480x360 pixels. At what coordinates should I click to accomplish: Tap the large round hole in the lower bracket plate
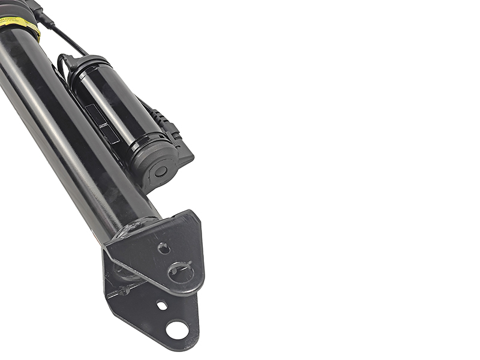[177, 328]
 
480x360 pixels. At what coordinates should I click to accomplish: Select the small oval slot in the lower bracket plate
[162, 305]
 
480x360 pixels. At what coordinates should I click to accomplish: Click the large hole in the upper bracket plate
[179, 271]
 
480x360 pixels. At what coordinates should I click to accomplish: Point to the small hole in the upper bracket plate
[163, 247]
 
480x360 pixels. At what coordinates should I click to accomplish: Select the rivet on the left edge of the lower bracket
[124, 291]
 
